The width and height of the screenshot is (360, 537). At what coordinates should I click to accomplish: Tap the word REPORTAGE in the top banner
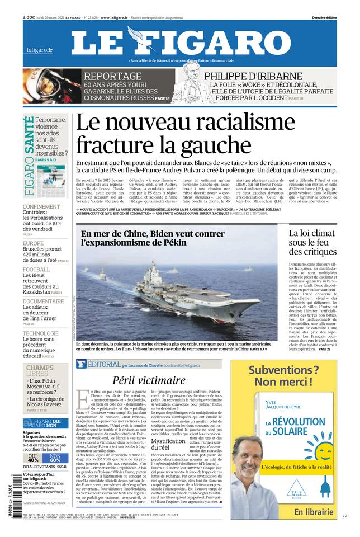pos(112,77)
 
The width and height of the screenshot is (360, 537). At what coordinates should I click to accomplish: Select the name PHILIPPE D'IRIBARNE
pos(253,77)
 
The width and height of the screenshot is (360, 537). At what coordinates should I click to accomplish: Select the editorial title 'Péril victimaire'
pos(148,380)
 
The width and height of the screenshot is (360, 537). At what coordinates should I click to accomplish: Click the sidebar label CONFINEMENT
pos(41,206)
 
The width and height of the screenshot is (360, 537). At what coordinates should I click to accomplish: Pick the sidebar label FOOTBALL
pos(36,270)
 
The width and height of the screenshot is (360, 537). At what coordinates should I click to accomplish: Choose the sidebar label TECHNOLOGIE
pos(40,333)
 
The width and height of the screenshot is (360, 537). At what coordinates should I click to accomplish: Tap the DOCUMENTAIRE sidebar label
pos(43,302)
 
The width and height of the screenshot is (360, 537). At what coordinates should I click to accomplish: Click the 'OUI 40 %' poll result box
pos(34,458)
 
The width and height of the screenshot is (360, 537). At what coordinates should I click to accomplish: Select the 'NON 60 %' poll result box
pos(55,458)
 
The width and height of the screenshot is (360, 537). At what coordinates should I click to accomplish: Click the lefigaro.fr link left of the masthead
pos(40,50)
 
